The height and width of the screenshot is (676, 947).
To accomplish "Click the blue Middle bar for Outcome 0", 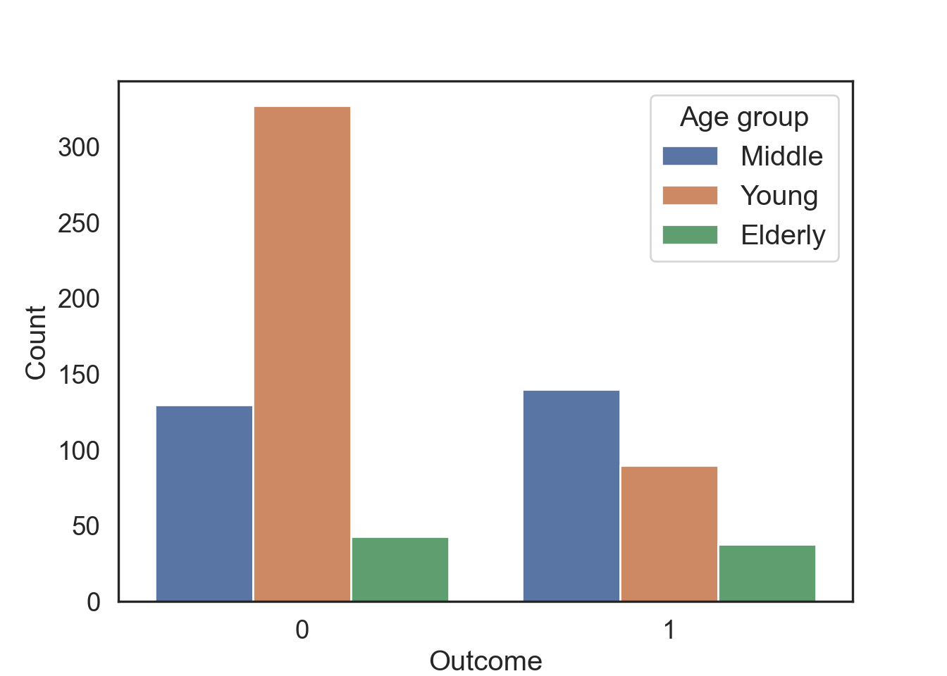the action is (x=204, y=503).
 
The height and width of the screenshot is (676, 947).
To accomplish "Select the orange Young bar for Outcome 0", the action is (x=302, y=353).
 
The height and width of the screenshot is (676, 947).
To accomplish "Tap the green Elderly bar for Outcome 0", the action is (x=400, y=569).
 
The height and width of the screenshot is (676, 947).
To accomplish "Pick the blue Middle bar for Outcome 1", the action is (x=571, y=496).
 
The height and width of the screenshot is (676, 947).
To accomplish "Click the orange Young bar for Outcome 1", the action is (x=669, y=534).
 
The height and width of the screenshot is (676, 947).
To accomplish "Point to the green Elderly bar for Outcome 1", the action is (x=767, y=573).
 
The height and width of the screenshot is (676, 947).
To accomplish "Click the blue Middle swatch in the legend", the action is (x=690, y=156).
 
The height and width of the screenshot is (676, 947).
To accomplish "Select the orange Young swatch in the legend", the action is (x=690, y=195).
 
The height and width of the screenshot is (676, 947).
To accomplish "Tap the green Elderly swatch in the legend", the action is (x=690, y=235).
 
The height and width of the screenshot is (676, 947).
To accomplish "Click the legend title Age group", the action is (x=744, y=118).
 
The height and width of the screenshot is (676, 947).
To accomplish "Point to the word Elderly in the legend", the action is (x=783, y=236).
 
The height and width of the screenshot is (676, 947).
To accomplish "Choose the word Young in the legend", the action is (x=779, y=196).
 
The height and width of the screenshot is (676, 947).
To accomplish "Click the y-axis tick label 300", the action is (x=79, y=148).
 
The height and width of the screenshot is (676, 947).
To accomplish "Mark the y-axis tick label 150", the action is (x=79, y=375).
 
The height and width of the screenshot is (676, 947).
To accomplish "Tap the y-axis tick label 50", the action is (x=86, y=527).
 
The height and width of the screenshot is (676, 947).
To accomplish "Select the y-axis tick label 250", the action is (x=79, y=223).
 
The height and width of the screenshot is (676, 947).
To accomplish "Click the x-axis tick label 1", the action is (x=669, y=630).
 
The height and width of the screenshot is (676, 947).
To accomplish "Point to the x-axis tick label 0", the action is (x=302, y=630).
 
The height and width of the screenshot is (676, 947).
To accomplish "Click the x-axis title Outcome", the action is (x=485, y=661).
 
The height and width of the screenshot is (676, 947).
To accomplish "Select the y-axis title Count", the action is (x=35, y=343).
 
